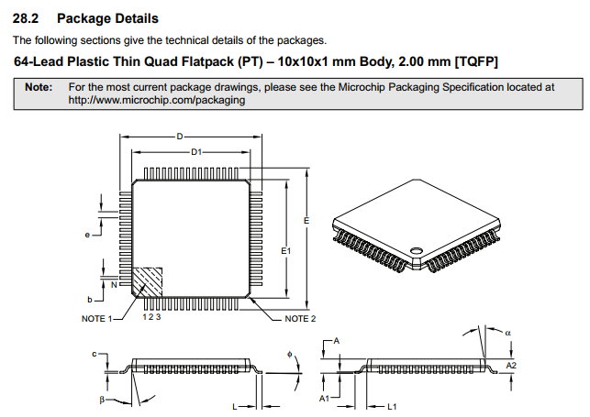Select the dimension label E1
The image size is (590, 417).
pos(285,249)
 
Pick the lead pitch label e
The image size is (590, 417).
pos(87,235)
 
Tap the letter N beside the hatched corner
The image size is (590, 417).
pos(114,285)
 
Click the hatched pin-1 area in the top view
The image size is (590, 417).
pos(148,280)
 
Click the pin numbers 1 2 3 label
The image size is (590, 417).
pos(152,317)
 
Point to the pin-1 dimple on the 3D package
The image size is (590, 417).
pos(417,248)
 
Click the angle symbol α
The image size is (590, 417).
pos(508,332)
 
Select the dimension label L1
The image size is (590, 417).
pos(392,405)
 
